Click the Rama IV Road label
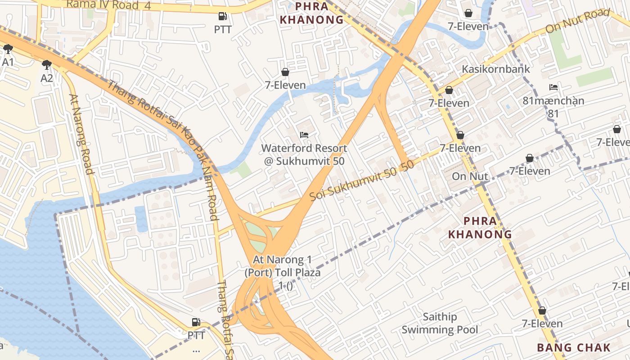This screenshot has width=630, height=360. [103, 5]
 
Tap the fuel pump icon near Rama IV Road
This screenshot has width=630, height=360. [222, 17]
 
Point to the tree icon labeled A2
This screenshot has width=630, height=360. [46, 65]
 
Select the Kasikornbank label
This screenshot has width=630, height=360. [496, 69]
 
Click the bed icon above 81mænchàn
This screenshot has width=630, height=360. [553, 87]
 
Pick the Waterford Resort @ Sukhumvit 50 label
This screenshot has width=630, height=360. [304, 154]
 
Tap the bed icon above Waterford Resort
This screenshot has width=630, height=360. [304, 135]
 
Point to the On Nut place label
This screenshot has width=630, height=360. [470, 176]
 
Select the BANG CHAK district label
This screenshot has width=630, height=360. [574, 347]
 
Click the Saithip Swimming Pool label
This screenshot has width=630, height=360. [440, 324]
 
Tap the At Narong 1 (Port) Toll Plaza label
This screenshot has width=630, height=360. [282, 273]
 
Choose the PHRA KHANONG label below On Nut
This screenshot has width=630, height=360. [480, 227]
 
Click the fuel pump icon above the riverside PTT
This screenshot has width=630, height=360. [196, 322]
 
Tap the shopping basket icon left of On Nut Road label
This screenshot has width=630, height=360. [468, 13]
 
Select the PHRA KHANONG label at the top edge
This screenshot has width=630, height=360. [311, 13]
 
